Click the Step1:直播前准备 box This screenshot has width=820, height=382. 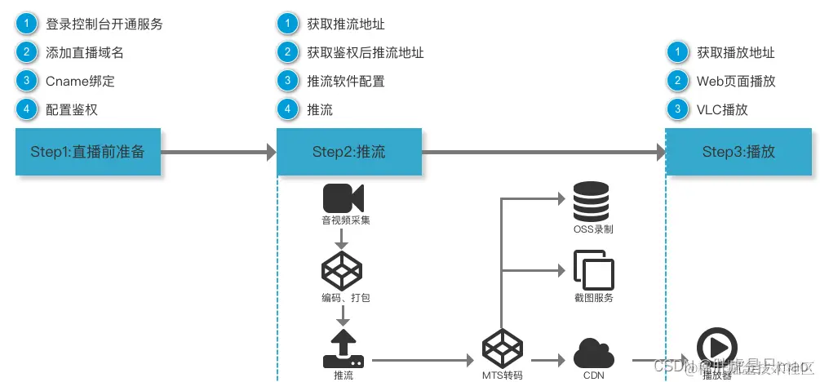click(88, 151)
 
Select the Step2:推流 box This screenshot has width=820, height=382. click(349, 151)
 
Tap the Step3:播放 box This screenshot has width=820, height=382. click(738, 151)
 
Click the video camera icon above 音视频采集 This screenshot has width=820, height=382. click(344, 198)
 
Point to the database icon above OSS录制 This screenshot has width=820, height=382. click(592, 201)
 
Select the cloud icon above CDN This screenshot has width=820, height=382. click(593, 353)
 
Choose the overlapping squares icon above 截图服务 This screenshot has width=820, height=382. click(593, 269)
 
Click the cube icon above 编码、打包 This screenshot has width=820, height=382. click(343, 271)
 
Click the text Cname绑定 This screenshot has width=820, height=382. click(82, 81)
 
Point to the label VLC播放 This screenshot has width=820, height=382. click(722, 109)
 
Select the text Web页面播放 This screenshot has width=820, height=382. click(735, 81)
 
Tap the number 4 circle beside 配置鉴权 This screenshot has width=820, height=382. click(27, 109)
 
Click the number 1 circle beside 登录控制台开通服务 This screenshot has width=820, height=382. click(27, 24)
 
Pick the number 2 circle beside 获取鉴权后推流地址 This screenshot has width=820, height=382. click(288, 52)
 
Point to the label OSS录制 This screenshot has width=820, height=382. click(593, 229)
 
